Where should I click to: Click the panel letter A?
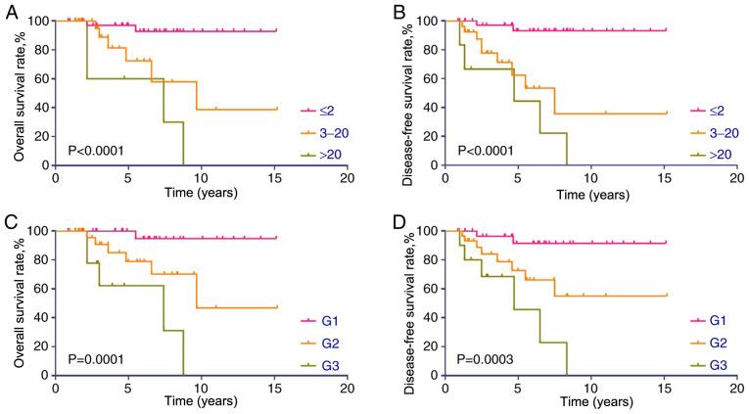point(8,10)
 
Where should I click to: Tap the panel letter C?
point(8,219)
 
